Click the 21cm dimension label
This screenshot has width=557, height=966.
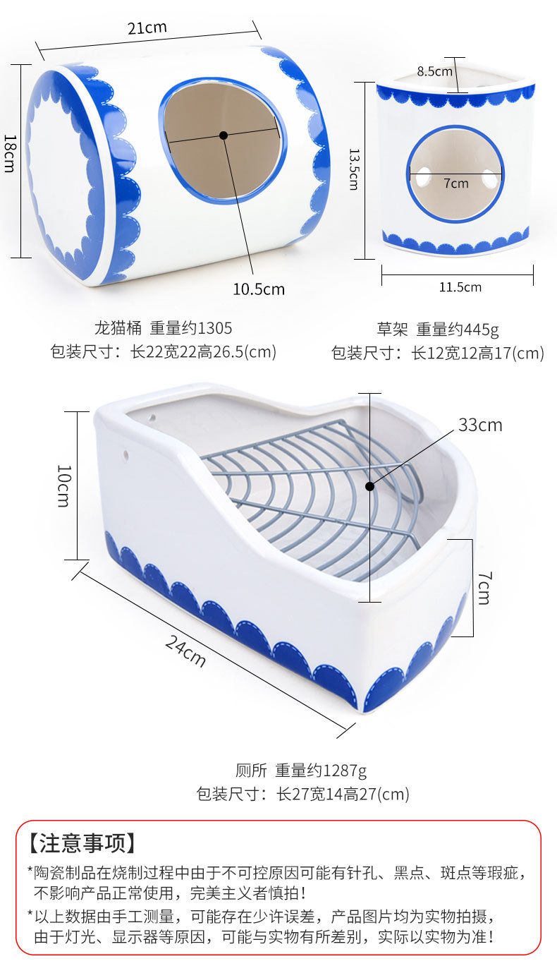click(x=147, y=28)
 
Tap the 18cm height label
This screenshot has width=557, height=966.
click(x=10, y=153)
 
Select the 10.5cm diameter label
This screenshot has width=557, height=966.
click(x=259, y=289)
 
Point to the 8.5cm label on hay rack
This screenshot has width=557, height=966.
click(x=434, y=71)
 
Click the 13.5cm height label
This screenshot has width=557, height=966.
click(x=354, y=169)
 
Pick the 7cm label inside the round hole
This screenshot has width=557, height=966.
click(x=456, y=183)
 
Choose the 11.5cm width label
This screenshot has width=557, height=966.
click(x=460, y=287)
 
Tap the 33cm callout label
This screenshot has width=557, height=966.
click(x=480, y=425)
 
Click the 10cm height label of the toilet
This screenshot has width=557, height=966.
click(x=63, y=486)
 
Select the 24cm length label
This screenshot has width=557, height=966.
click(x=185, y=651)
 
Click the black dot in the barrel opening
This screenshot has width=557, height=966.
click(x=224, y=135)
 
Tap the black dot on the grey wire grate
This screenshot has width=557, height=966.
click(x=369, y=485)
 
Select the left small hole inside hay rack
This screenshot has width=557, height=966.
click(x=422, y=176)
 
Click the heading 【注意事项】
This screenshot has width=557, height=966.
click(x=82, y=843)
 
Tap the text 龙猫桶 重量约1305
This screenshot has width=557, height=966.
click(x=163, y=328)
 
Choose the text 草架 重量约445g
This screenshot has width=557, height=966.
click(x=438, y=329)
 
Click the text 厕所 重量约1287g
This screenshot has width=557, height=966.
click(x=301, y=770)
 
